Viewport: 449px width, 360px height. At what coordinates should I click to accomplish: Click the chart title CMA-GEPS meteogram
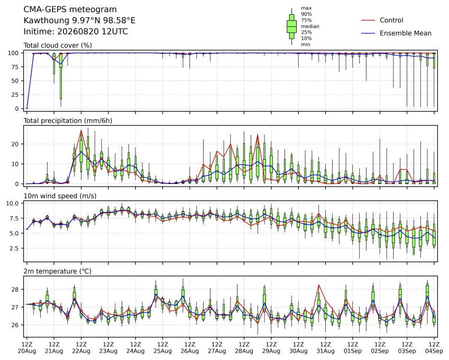click(x=70, y=10)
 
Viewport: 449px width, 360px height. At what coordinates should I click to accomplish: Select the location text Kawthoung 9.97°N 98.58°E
click(x=79, y=21)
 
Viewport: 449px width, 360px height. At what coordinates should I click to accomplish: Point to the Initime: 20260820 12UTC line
click(x=76, y=32)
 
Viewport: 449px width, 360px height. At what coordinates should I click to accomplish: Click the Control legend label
click(x=391, y=20)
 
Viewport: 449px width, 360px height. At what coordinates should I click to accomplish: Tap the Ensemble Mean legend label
click(x=406, y=33)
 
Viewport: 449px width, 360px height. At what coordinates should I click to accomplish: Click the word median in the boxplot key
click(x=310, y=26)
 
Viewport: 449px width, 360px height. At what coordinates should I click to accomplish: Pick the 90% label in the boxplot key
click(x=306, y=14)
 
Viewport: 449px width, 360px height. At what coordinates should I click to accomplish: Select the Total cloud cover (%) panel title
click(x=58, y=45)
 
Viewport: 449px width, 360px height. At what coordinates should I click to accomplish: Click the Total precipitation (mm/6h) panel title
click(x=68, y=121)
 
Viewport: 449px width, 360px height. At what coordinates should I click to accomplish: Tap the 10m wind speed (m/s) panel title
click(x=60, y=196)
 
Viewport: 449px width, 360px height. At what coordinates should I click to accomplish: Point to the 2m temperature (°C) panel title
click(x=57, y=271)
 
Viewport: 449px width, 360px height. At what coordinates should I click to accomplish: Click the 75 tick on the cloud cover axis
click(x=15, y=67)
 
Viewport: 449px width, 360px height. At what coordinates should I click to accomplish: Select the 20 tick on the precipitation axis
click(x=15, y=144)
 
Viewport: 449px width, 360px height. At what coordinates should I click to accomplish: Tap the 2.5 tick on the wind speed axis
click(x=14, y=248)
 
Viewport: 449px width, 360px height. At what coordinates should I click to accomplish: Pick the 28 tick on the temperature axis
click(x=15, y=290)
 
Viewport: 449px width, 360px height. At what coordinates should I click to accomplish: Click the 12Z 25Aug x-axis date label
click(x=163, y=347)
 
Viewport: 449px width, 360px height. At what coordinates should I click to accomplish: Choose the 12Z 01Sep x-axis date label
click(x=353, y=347)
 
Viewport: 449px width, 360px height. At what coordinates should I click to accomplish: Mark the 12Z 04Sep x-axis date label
click(x=434, y=347)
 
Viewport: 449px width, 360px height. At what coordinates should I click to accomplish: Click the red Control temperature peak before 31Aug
click(x=319, y=285)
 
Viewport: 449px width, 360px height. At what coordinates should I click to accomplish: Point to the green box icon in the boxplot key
click(x=291, y=26)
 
